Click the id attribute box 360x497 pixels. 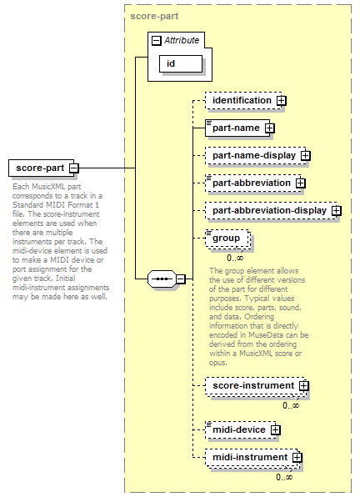[181, 63]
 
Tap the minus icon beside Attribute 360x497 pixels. [157, 41]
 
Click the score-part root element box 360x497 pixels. [41, 168]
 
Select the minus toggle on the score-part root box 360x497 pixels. [74, 168]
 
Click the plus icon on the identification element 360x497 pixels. [281, 101]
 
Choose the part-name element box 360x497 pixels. [237, 128]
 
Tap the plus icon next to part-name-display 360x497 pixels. [306, 156]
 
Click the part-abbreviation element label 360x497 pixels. [252, 183]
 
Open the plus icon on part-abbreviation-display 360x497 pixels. [337, 211]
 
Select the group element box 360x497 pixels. [227, 238]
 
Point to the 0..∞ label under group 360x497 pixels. [235, 258]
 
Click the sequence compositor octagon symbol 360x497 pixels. [162, 279]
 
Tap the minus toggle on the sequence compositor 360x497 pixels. [180, 279]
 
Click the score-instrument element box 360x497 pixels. [256, 386]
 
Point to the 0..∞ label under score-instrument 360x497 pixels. [291, 405]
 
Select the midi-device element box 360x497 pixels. [241, 430]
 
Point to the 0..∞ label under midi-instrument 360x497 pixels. [284, 477]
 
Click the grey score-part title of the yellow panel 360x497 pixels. [154, 16]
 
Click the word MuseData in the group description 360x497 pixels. [266, 335]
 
